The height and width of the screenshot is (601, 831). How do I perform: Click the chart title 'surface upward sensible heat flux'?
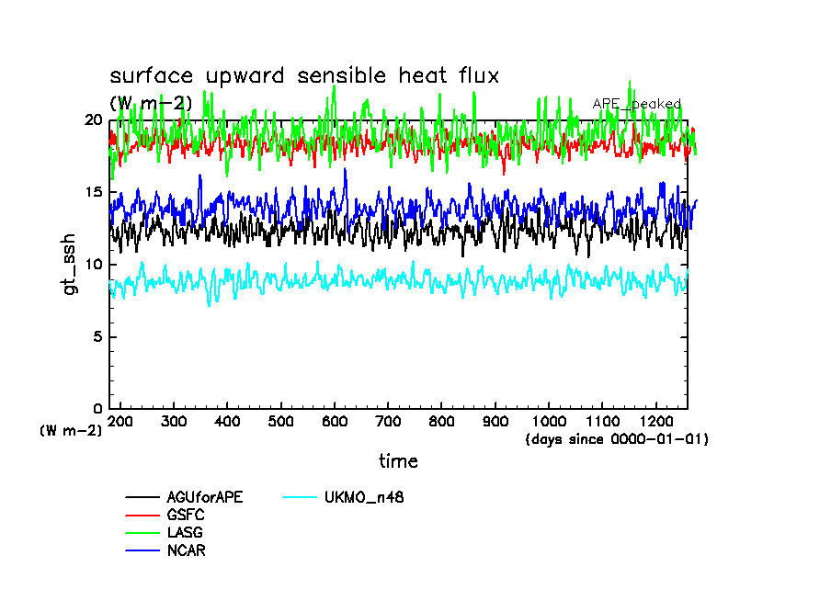(304, 76)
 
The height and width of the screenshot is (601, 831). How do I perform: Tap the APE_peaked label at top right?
(636, 104)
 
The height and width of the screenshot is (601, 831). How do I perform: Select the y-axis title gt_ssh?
(69, 265)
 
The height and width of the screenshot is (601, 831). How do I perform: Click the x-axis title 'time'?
(398, 461)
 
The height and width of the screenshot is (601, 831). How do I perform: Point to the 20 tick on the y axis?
(92, 120)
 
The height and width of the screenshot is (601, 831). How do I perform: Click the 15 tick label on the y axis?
(92, 192)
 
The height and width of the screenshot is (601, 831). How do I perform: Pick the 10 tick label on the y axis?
(92, 265)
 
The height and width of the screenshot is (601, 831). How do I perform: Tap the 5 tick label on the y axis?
(97, 336)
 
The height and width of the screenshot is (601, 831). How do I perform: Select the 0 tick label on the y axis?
(97, 409)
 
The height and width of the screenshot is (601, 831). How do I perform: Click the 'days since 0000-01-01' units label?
(617, 439)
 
